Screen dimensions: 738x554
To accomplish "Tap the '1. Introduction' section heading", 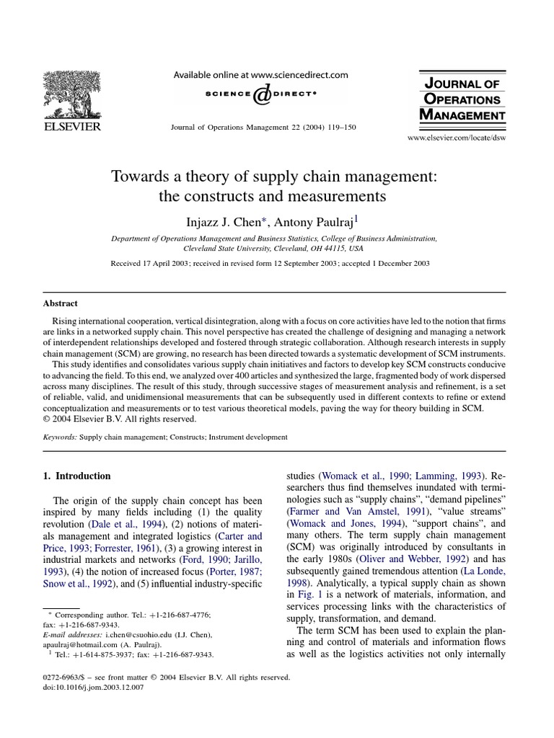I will (84, 476).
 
